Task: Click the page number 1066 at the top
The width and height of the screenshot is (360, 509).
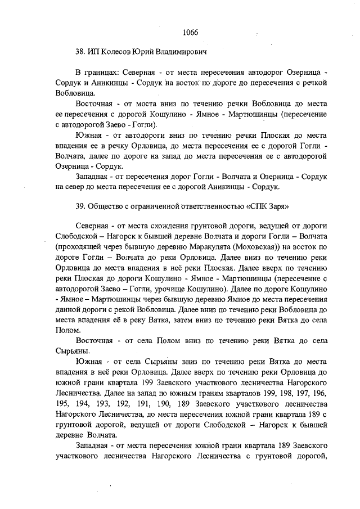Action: tap(190, 32)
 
